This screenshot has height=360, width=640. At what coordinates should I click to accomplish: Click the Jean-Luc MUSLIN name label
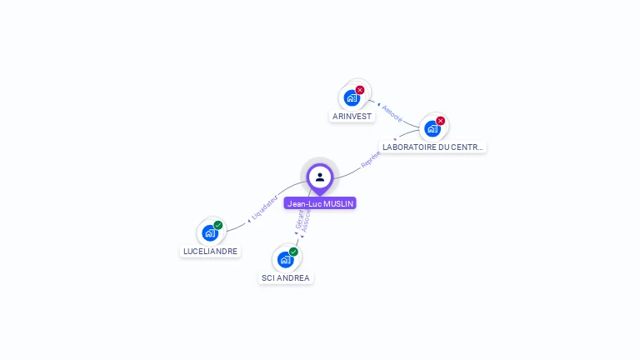coord(320,203)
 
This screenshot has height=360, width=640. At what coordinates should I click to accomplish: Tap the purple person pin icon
coord(320,177)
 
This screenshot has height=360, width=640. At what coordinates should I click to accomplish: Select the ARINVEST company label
coord(352,117)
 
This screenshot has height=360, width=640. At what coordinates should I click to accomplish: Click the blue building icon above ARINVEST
coord(352,97)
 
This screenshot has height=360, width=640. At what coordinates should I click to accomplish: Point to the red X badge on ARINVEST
coord(360,90)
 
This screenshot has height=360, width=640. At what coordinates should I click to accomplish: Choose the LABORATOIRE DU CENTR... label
coord(432,147)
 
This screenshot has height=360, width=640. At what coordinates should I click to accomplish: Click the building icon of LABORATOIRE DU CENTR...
coord(432,128)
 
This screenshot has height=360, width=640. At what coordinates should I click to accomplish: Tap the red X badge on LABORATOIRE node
coord(441,121)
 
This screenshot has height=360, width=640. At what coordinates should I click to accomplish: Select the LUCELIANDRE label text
coord(210,251)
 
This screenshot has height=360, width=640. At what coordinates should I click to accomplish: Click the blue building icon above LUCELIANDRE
coord(210,232)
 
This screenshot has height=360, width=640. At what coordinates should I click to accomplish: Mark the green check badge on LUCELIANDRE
coord(218,225)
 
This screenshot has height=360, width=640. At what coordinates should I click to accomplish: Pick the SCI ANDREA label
coord(286,277)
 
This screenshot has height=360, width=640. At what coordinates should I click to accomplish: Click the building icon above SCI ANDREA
coord(285,259)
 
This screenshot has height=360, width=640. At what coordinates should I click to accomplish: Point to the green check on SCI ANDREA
coord(293,252)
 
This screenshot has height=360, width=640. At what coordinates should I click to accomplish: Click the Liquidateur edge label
coord(264,207)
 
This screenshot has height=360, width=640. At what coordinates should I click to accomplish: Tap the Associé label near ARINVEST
coord(392,113)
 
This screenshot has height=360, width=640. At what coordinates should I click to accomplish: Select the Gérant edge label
coord(299,218)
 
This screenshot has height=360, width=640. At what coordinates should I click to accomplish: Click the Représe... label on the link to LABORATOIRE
coord(371,159)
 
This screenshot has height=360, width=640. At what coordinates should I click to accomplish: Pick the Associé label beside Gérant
coord(307,220)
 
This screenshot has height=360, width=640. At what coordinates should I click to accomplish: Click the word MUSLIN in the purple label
coord(339,203)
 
